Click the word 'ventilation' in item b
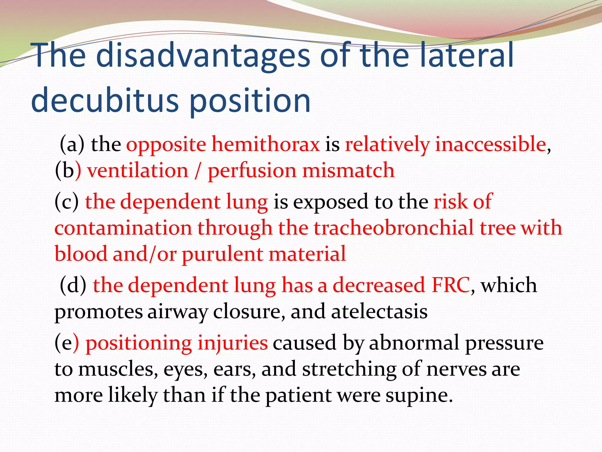138,170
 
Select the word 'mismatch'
348,170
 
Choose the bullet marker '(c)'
67,202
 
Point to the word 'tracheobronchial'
394,228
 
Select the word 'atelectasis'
379,311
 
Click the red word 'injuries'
232,343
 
